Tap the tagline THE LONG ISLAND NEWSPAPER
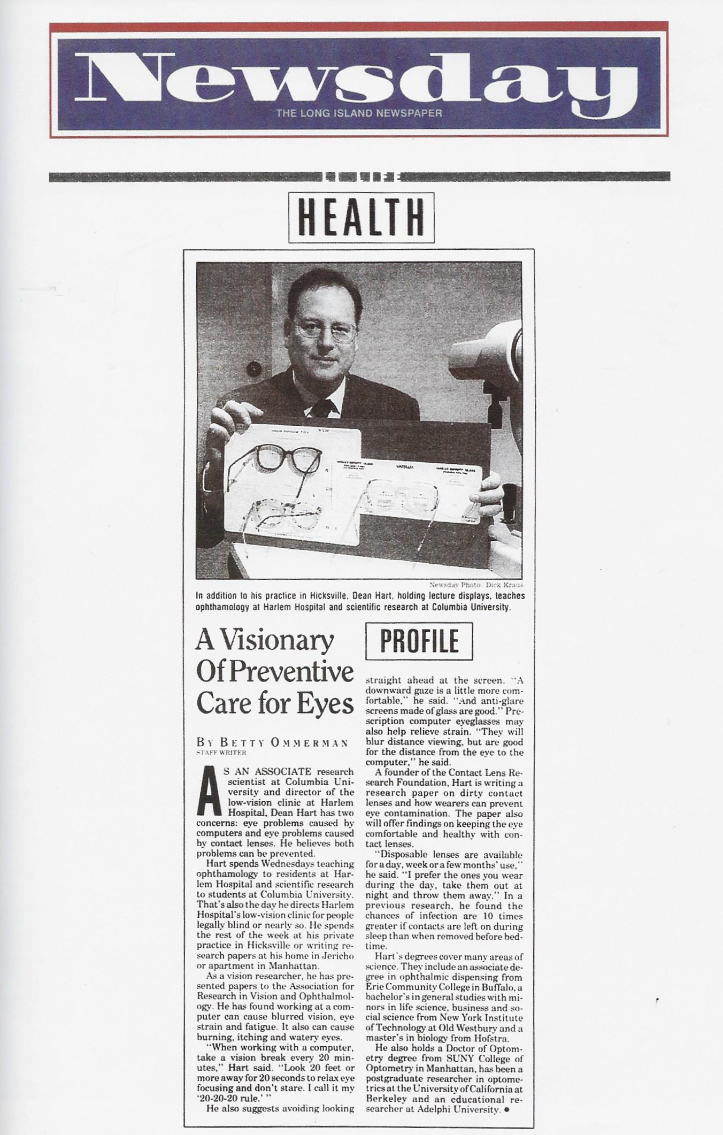click(x=359, y=113)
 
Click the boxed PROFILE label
click(x=419, y=641)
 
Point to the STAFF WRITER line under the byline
click(x=221, y=753)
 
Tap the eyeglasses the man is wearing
click(x=326, y=328)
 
